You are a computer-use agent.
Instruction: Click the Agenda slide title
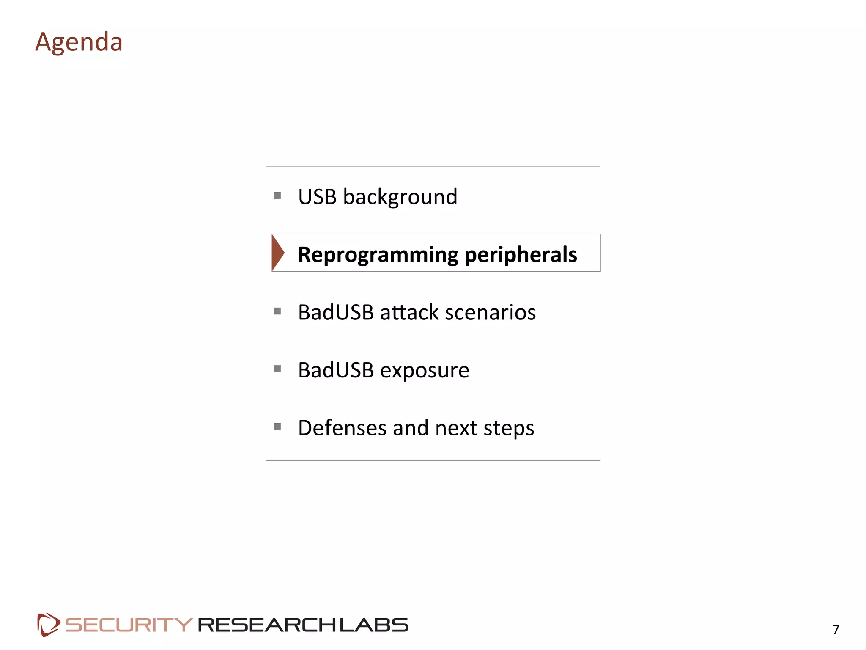point(79,42)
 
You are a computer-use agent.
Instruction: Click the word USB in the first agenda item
point(317,197)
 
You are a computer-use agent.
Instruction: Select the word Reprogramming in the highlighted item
point(378,255)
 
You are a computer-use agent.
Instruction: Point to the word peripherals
point(521,255)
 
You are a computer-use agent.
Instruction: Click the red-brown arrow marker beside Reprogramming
point(278,253)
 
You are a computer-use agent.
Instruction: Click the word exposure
point(425,371)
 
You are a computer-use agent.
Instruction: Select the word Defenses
point(342,428)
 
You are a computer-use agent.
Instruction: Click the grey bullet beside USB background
point(277,196)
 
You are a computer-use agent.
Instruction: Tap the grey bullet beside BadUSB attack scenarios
point(277,311)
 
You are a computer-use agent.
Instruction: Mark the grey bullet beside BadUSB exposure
point(277,369)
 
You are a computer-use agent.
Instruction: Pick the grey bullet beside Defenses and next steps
point(277,427)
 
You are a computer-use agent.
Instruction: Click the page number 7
point(836,630)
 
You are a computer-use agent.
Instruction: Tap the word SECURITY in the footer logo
point(129,625)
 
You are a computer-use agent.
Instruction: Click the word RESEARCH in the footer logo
point(268,625)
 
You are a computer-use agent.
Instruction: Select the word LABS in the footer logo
point(374,625)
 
